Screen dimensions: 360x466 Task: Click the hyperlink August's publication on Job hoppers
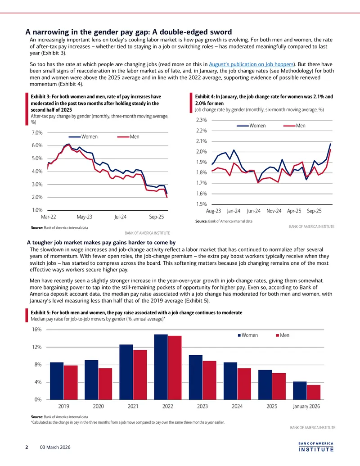tap(251, 64)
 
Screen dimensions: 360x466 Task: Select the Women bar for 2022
tap(161, 367)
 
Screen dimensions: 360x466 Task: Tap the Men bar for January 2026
tap(314, 392)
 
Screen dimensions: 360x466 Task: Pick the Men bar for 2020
tap(105, 384)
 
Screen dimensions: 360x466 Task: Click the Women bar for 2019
tap(57, 381)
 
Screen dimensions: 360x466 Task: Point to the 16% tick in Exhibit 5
tap(37, 330)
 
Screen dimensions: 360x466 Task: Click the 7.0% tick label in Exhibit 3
tap(37, 132)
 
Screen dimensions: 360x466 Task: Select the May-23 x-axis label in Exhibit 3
tap(84, 217)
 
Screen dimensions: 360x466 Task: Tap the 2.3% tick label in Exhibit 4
tap(202, 120)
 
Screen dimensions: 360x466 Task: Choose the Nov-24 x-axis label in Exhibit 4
tap(274, 211)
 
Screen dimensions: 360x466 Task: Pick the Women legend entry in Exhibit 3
tap(83, 137)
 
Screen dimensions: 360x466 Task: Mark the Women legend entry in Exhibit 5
tap(247, 335)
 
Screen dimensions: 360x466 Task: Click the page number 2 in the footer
tap(27, 447)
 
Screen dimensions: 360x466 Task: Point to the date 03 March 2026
tap(55, 447)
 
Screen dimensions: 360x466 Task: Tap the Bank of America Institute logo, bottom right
tap(316, 447)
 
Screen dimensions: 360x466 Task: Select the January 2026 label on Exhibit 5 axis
tap(306, 406)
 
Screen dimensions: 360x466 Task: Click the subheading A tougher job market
tap(101, 243)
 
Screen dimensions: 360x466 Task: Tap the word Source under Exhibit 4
tap(201, 221)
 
